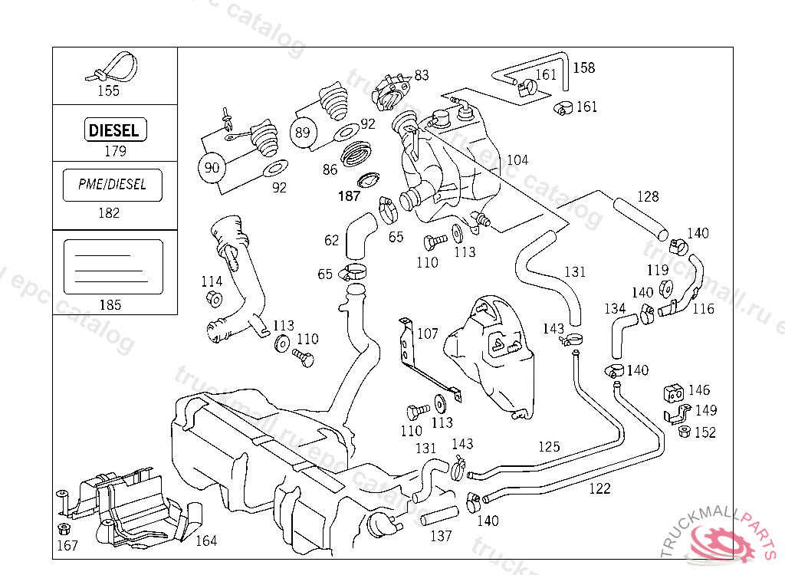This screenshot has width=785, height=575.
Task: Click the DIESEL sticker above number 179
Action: [114, 130]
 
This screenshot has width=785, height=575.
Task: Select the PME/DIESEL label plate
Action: [112, 185]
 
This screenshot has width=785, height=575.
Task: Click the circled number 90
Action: [211, 166]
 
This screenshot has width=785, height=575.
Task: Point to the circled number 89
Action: [303, 132]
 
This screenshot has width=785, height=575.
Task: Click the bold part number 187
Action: [349, 196]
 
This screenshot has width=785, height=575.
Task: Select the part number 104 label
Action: [517, 160]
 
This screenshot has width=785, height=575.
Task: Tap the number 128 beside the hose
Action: [648, 197]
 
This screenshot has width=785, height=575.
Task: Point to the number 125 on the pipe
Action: [549, 446]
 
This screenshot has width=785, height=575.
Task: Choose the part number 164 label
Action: [205, 541]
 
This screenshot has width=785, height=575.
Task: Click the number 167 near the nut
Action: [67, 546]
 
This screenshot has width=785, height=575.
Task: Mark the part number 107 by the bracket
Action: [427, 334]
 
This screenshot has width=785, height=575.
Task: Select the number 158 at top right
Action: [583, 67]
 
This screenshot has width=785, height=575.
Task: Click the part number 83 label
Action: [422, 75]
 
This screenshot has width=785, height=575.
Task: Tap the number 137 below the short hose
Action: [441, 536]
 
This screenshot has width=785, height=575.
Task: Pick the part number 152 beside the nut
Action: [705, 432]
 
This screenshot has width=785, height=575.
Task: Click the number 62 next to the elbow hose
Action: [331, 241]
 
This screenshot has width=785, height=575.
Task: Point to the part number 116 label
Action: [703, 309]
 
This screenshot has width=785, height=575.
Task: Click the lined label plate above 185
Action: [113, 267]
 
